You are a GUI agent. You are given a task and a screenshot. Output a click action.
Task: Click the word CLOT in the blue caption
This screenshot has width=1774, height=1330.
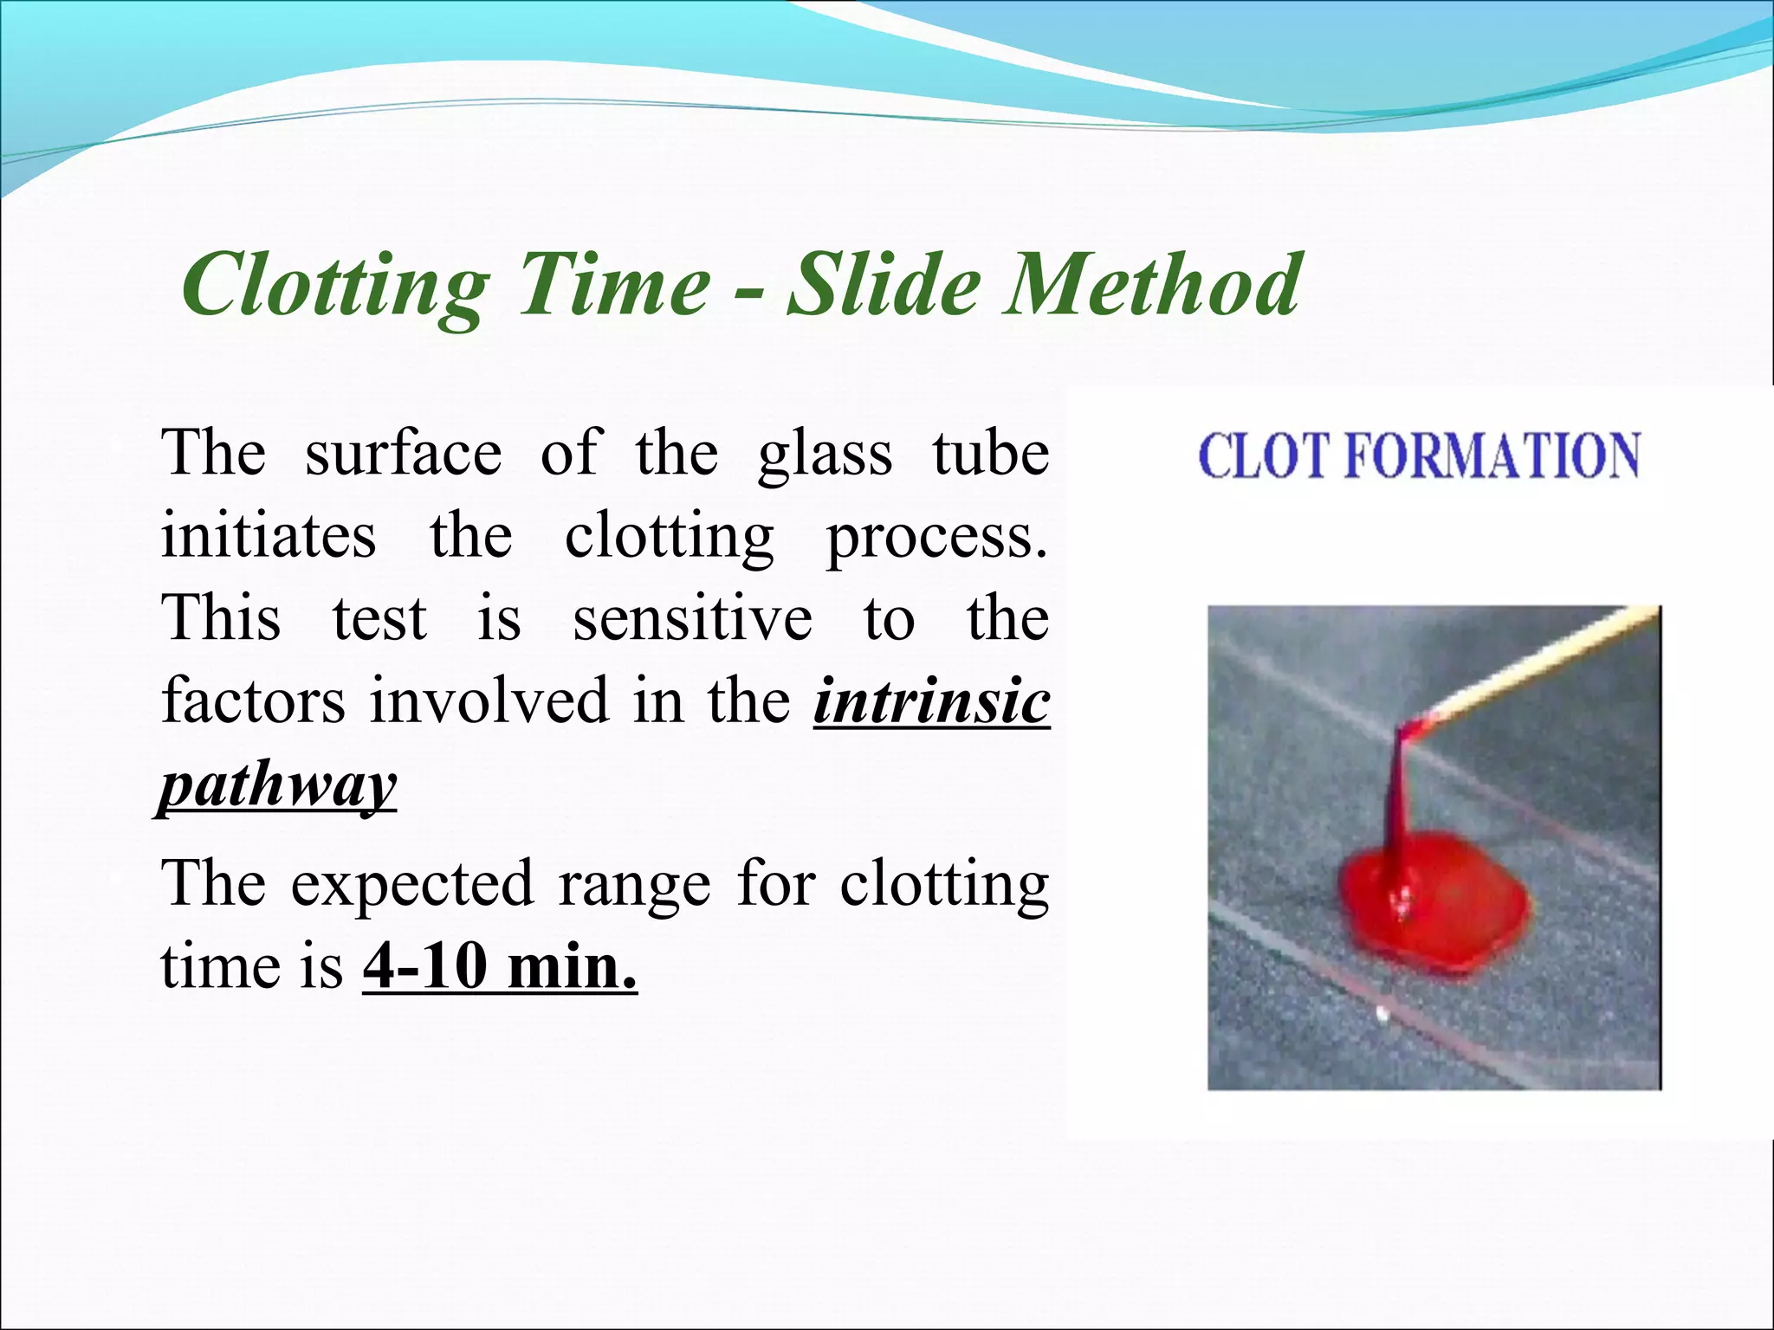coord(1264,456)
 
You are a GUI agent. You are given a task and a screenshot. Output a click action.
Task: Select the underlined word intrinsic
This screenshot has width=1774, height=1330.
coord(931,701)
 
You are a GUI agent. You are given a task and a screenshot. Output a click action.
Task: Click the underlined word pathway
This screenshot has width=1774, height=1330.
coord(278,784)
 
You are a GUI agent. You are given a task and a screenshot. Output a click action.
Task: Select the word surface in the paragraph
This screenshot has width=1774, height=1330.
coord(403,454)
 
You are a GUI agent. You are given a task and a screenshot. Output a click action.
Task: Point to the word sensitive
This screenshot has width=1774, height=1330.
coord(692,619)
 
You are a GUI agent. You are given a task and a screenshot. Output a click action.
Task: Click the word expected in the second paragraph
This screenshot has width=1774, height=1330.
coord(411,885)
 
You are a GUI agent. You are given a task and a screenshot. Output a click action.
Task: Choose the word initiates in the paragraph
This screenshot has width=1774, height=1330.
coord(269,536)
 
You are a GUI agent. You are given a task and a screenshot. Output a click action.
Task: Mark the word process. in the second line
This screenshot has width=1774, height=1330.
coord(936,538)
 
